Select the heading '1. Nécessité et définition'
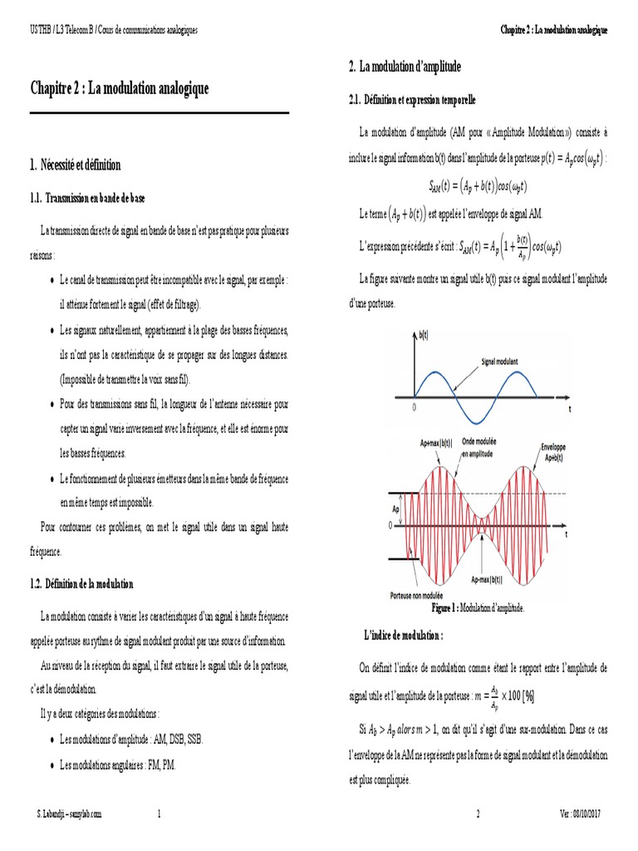click(x=75, y=165)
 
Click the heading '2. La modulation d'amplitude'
click(x=405, y=66)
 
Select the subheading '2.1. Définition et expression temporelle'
click(x=412, y=100)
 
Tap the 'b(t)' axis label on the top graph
click(x=422, y=335)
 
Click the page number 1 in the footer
click(x=159, y=814)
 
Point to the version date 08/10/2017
click(x=588, y=814)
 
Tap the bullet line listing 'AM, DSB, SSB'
click(x=131, y=739)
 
